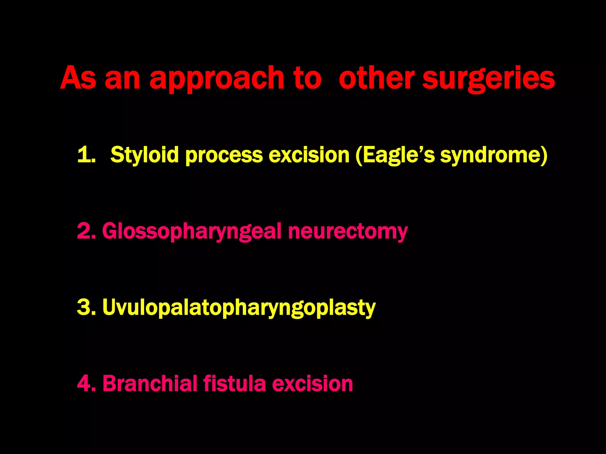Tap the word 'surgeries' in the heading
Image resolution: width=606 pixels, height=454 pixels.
tap(488, 79)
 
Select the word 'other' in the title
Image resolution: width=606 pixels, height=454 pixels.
tap(376, 78)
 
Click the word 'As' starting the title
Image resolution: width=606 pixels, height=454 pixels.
tap(78, 78)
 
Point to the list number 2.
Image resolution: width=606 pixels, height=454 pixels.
tap(86, 231)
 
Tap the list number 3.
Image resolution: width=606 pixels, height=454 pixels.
tap(86, 307)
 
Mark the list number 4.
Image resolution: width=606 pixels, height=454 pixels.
tap(86, 383)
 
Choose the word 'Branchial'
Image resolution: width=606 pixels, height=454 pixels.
tap(150, 383)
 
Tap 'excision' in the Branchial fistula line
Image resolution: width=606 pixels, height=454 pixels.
tap(312, 383)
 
